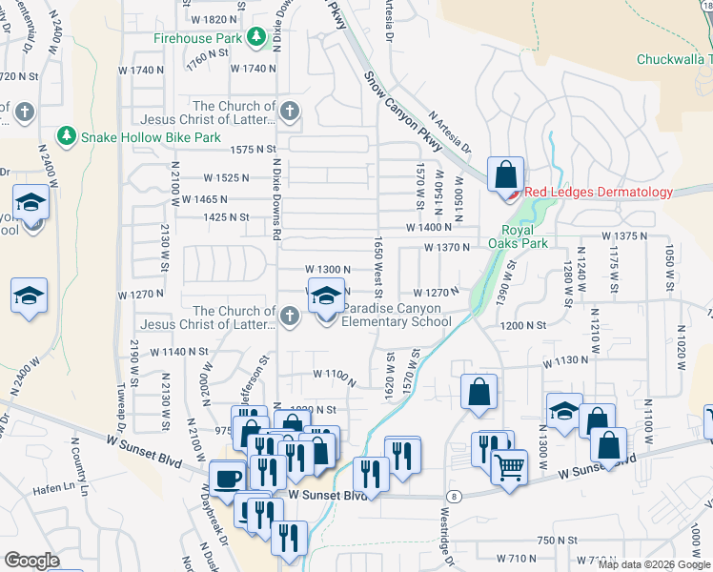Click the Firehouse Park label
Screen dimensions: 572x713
[198, 39]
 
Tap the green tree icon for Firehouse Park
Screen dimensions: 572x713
[255, 38]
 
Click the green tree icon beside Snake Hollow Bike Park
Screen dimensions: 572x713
[66, 136]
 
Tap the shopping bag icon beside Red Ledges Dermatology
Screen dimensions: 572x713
[505, 175]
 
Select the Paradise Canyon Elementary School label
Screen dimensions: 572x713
[397, 315]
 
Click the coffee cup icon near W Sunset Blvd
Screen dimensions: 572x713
[227, 479]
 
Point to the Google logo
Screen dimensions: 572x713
[32, 561]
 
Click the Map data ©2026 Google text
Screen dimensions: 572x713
[653, 564]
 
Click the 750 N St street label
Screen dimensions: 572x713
[556, 541]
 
